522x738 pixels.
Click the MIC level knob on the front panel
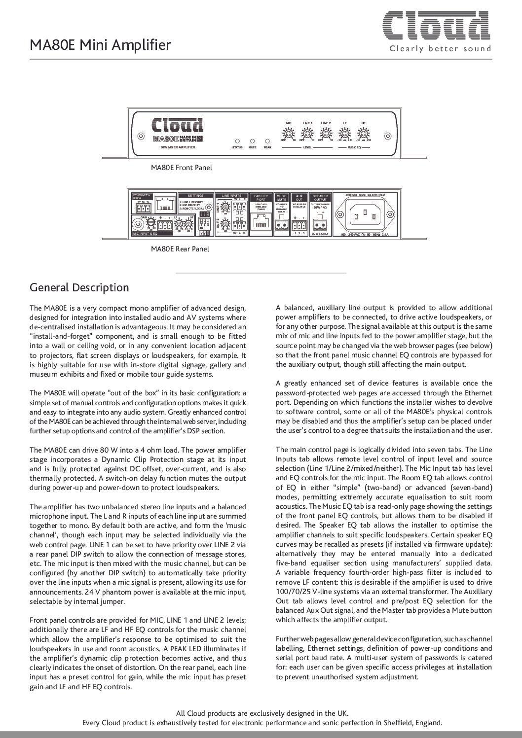tap(290, 134)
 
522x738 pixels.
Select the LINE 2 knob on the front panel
tap(325, 134)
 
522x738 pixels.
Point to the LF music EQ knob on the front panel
tap(345, 134)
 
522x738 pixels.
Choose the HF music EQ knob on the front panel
tap(364, 134)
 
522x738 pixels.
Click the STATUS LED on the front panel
tap(237, 141)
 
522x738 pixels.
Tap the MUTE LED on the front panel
tap(252, 141)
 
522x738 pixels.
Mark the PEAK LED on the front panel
tap(267, 141)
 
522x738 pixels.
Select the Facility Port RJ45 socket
tap(261, 223)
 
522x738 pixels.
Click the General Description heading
tap(79, 287)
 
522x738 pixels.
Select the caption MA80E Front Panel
tap(182, 168)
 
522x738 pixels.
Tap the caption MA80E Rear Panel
tap(180, 249)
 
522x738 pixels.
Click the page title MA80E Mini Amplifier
tap(101, 45)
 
